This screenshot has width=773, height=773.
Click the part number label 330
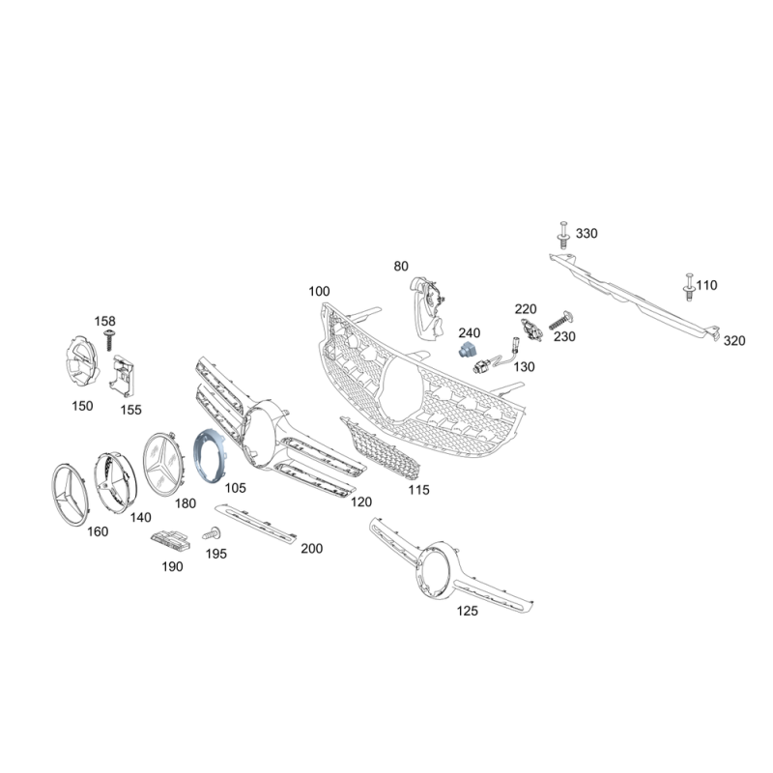pos(587,233)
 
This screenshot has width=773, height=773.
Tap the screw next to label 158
pos(109,340)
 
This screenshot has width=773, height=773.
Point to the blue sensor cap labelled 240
pos(466,349)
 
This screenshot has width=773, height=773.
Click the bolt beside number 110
pos(689,286)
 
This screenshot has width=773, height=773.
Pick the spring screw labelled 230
pos(560,322)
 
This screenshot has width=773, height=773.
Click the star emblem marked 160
pos(70,495)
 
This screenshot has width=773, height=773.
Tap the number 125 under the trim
pos(468,611)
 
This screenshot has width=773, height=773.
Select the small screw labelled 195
pos(212,533)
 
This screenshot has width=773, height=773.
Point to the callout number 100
pos(319,292)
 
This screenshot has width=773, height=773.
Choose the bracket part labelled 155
pos(122,376)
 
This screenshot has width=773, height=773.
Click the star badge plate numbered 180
pos(163,464)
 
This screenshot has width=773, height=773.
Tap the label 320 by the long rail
pos(734,341)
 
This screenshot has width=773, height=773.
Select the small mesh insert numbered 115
pos(380,448)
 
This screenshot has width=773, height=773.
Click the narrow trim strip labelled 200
pos(256,524)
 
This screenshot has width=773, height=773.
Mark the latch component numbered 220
pos(532,329)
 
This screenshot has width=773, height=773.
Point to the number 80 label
pos(401,267)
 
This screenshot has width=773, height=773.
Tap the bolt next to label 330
pos(563,235)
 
